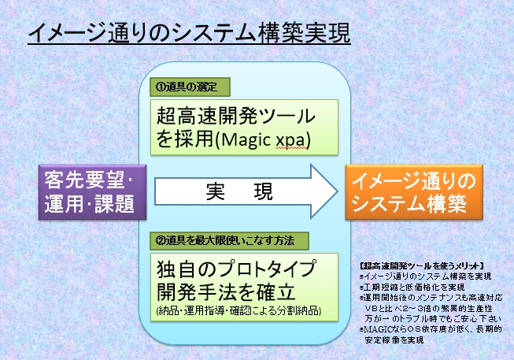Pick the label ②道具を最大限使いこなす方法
coord(229,239)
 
